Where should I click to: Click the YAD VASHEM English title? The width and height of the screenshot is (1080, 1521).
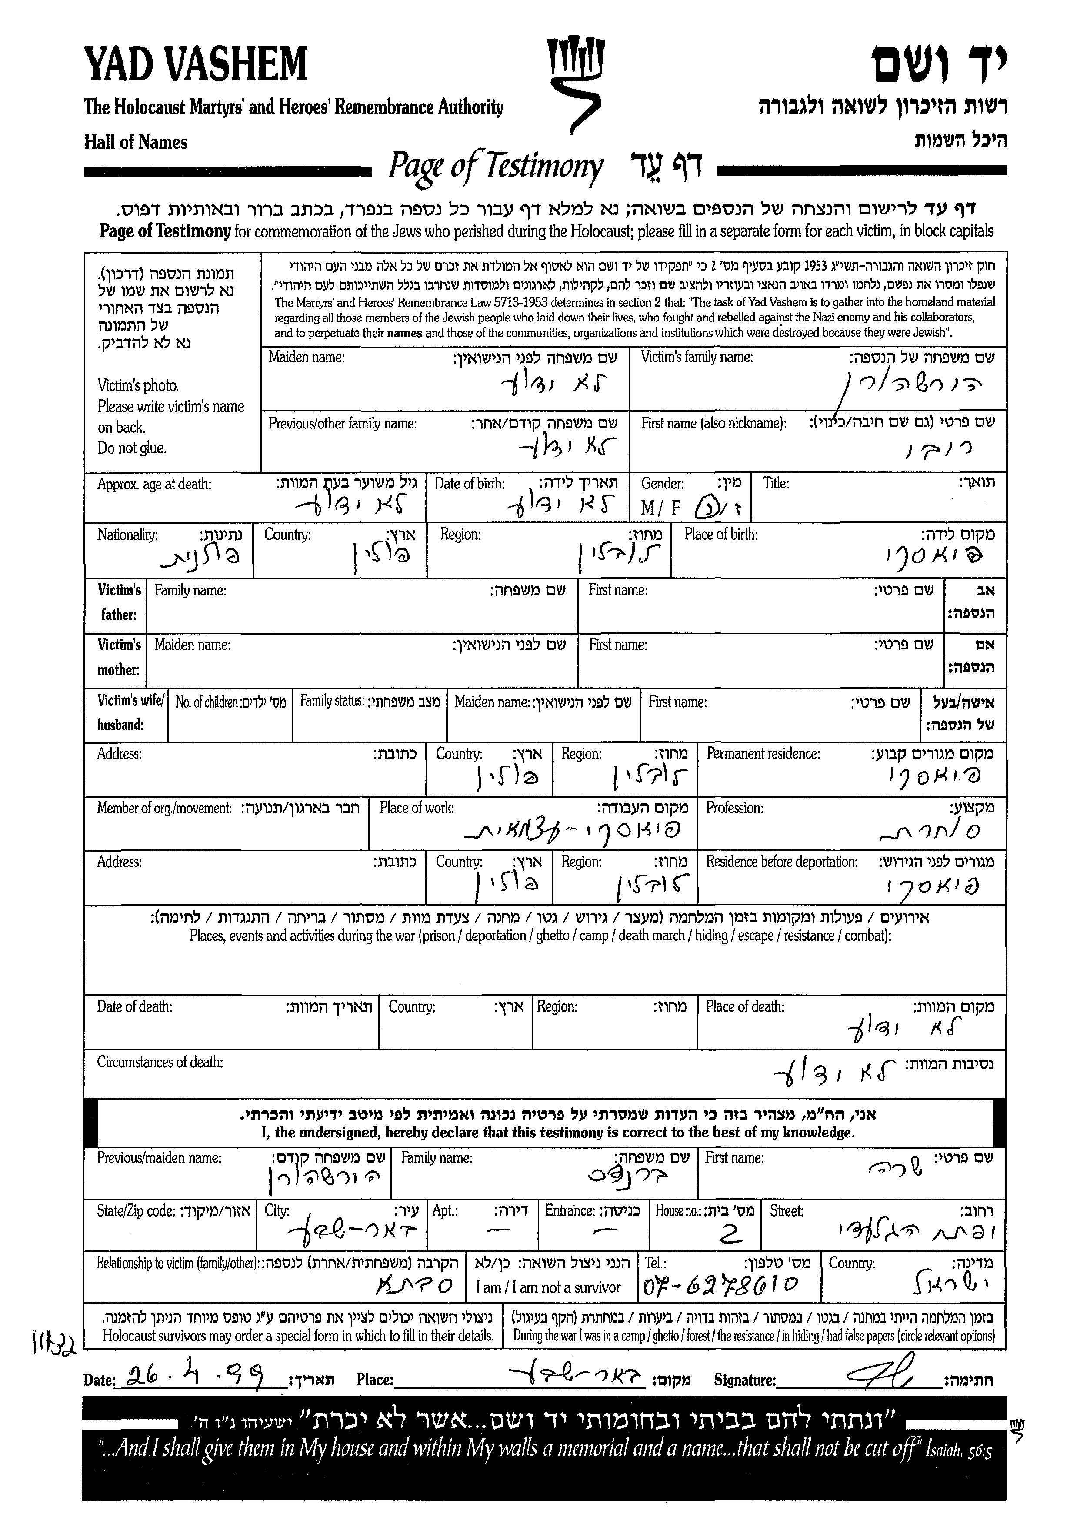click(196, 64)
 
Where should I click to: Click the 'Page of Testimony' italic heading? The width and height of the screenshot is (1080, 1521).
click(496, 166)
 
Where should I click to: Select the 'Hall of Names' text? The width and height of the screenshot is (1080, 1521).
click(136, 142)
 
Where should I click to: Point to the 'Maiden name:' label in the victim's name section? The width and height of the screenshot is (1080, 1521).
click(307, 357)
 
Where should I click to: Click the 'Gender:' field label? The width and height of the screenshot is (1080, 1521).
click(662, 484)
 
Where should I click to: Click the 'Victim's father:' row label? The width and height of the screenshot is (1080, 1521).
click(119, 602)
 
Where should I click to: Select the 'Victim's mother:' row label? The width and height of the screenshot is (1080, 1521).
click(119, 657)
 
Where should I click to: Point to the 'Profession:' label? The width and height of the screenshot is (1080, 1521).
click(734, 809)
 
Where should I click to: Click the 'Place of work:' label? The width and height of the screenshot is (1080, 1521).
click(417, 809)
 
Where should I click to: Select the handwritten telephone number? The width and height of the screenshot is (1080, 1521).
click(721, 1285)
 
